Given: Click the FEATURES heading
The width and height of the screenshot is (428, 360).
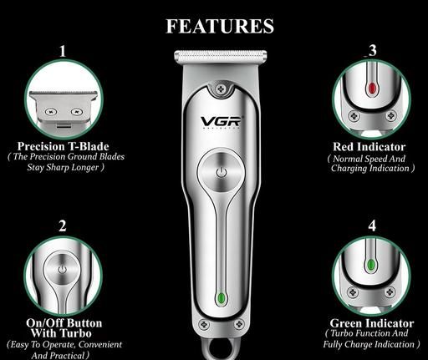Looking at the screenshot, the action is point(220,26).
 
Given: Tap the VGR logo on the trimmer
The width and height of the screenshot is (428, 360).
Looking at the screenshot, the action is point(221,122).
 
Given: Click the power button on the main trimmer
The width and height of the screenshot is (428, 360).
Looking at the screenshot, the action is point(222,172).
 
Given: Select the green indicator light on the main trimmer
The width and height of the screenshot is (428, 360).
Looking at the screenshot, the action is point(221,298).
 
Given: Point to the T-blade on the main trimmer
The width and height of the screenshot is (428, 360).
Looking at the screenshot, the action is point(220,56).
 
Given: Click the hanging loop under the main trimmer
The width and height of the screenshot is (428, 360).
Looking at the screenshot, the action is point(221,348).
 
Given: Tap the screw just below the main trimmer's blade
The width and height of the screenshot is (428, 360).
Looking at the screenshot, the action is point(222,89).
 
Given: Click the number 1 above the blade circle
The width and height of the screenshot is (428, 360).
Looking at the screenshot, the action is point(63,51).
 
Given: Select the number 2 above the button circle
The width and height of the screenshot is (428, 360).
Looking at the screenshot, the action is point(63,226).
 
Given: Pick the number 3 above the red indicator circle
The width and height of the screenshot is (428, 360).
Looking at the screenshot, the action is point(372,50).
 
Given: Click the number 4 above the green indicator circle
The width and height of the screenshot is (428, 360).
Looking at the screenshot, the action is point(372,226).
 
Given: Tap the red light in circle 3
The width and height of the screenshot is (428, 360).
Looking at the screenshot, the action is point(372,89).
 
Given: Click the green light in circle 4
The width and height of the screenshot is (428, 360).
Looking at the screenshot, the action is point(371,265).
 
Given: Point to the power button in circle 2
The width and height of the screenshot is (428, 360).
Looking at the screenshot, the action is point(63,269).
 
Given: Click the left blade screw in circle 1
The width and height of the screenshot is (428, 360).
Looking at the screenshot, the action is point(51,112).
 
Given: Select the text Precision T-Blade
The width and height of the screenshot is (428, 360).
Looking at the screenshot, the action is point(63,146).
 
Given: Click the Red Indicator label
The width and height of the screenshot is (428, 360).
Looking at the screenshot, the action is point(369,147).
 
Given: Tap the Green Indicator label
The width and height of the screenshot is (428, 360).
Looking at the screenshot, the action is point(372,323).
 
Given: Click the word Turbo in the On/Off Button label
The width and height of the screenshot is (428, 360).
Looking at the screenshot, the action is point(76,333).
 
